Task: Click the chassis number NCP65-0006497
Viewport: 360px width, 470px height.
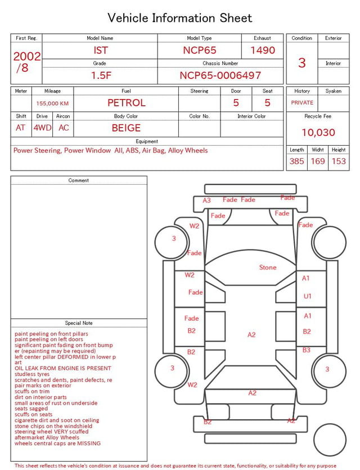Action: pos(220,75)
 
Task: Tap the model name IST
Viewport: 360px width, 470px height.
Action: pos(100,50)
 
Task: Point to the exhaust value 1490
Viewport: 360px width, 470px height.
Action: pos(263,50)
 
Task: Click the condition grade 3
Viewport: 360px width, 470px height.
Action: pos(302,62)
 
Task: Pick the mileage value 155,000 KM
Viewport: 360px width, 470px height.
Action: pos(52,104)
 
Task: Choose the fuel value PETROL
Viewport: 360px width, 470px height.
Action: pos(127,103)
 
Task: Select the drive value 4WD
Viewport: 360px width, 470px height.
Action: pos(42,128)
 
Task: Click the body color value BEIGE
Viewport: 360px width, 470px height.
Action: pos(126,128)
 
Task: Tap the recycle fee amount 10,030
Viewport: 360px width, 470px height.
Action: pos(318,132)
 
